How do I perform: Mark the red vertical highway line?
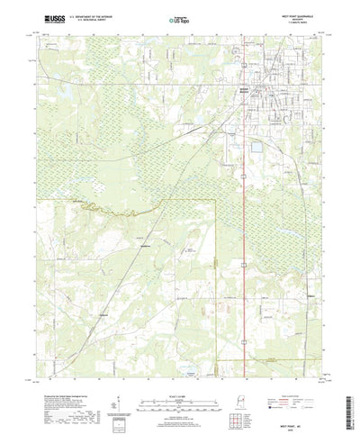[246, 270]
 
